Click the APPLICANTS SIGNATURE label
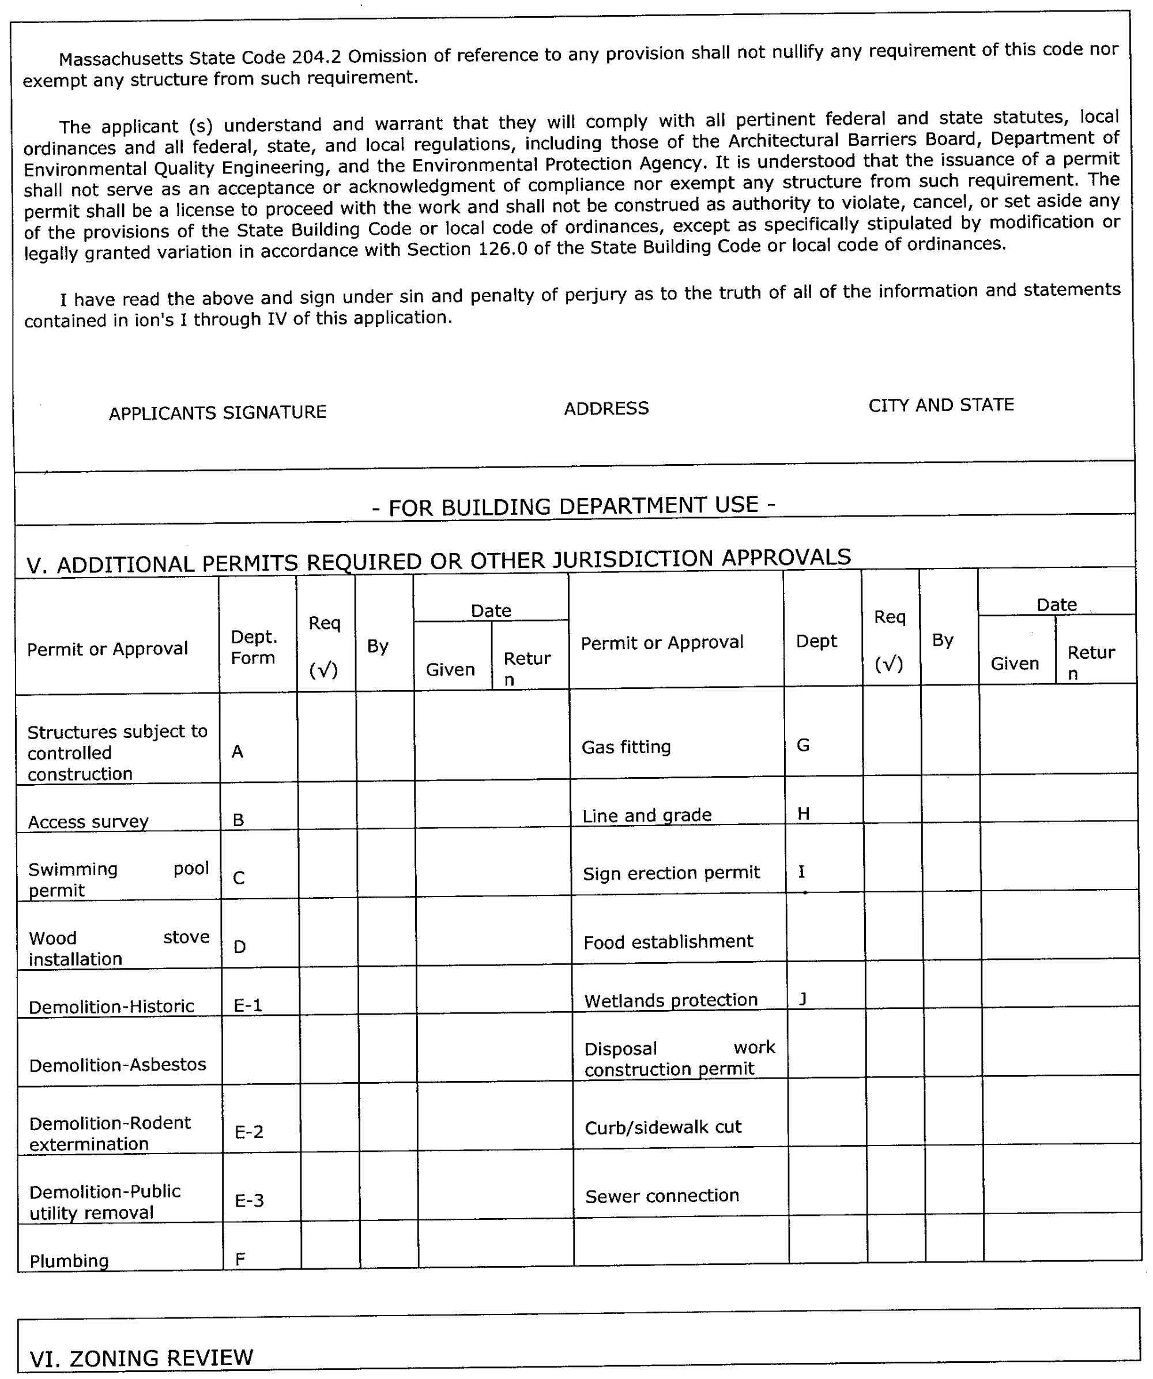[x=217, y=412]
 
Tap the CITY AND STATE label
[x=941, y=405]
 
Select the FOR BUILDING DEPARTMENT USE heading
[x=574, y=506]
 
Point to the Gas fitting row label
[x=626, y=747]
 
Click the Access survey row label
[x=88, y=822]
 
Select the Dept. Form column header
[x=254, y=647]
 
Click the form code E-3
[x=250, y=1200]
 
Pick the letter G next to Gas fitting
[x=802, y=745]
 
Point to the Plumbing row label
[x=69, y=1261]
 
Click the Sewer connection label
[x=662, y=1195]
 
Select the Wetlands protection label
[x=670, y=1000]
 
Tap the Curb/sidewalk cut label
[x=662, y=1127]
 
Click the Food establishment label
[x=668, y=941]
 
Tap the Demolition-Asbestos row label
[x=118, y=1064]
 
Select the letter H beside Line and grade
[x=803, y=813]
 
